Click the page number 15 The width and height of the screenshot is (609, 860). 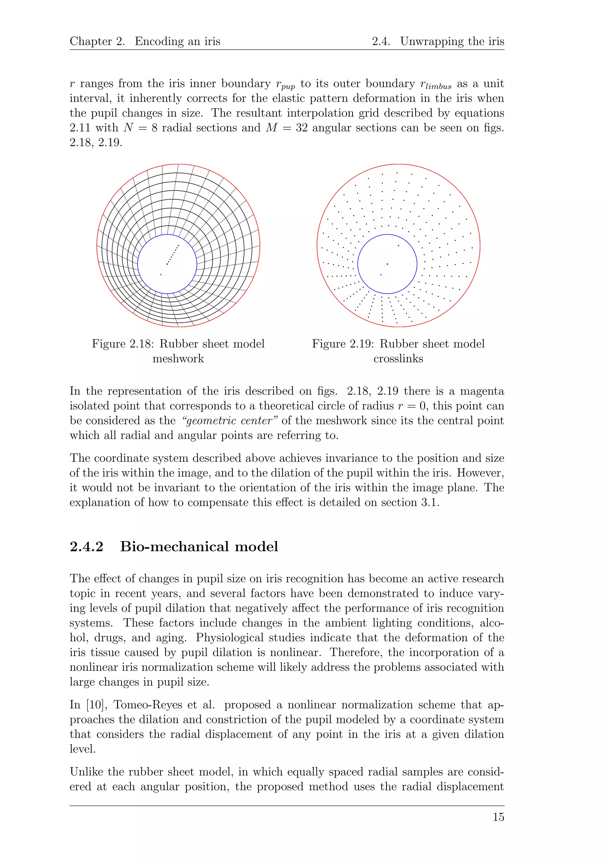click(x=498, y=817)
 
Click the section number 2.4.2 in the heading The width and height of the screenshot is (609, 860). click(x=86, y=546)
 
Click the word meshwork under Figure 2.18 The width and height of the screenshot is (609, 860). click(x=178, y=358)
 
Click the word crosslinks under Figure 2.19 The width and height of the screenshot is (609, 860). click(x=398, y=358)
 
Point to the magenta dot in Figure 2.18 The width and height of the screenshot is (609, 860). click(x=161, y=275)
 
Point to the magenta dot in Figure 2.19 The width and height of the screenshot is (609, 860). click(x=381, y=275)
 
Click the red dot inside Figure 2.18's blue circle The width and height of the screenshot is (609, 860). click(x=178, y=245)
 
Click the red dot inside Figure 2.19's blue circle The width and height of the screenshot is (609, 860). click(x=398, y=245)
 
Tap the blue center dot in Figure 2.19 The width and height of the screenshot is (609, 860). click(x=387, y=264)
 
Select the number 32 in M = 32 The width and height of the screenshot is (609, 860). click(x=302, y=128)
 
